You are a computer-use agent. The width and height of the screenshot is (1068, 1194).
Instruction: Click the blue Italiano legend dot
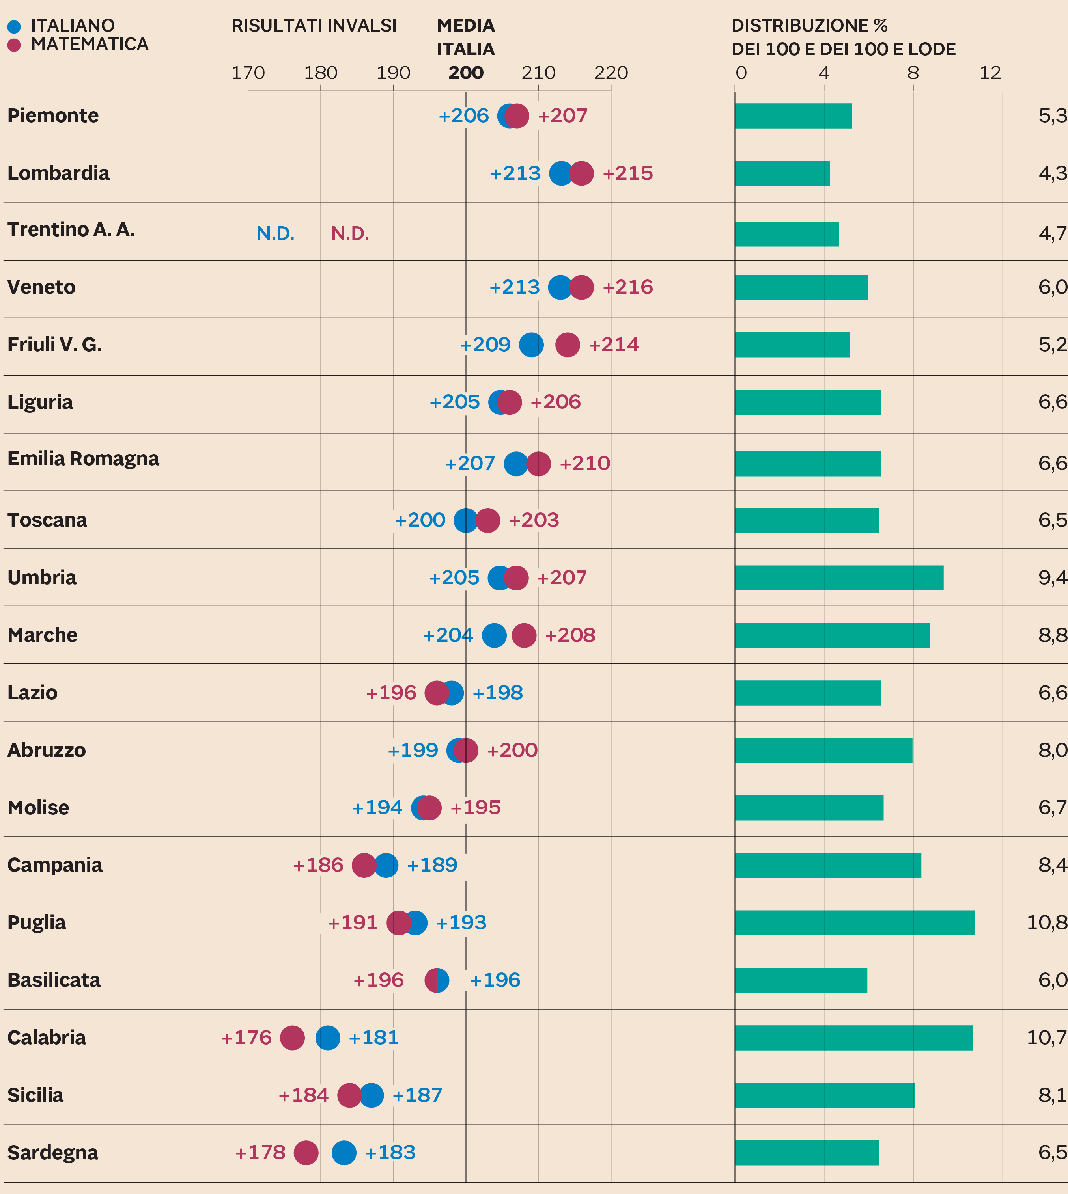14,26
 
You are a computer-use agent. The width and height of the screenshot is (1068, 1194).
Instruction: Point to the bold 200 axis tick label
466,73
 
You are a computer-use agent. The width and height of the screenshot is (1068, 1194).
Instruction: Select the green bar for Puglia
854,922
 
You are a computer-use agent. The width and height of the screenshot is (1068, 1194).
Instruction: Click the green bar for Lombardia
782,173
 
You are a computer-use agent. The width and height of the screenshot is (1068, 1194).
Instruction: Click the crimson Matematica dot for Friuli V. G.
568,345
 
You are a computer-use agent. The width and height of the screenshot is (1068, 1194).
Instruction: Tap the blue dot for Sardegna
344,1152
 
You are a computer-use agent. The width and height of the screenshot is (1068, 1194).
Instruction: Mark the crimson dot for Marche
524,635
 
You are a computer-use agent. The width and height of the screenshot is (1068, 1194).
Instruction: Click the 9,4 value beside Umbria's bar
1052,577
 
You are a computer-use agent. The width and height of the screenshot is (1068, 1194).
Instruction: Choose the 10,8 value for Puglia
1046,922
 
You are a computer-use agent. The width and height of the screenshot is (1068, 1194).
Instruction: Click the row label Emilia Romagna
83,458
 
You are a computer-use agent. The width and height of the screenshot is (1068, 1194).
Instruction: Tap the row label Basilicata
54,980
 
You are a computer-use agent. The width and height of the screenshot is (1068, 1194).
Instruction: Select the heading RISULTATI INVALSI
314,26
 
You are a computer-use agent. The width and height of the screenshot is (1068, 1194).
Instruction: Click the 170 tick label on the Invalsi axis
248,73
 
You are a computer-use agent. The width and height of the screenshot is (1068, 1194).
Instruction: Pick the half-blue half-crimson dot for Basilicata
437,980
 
